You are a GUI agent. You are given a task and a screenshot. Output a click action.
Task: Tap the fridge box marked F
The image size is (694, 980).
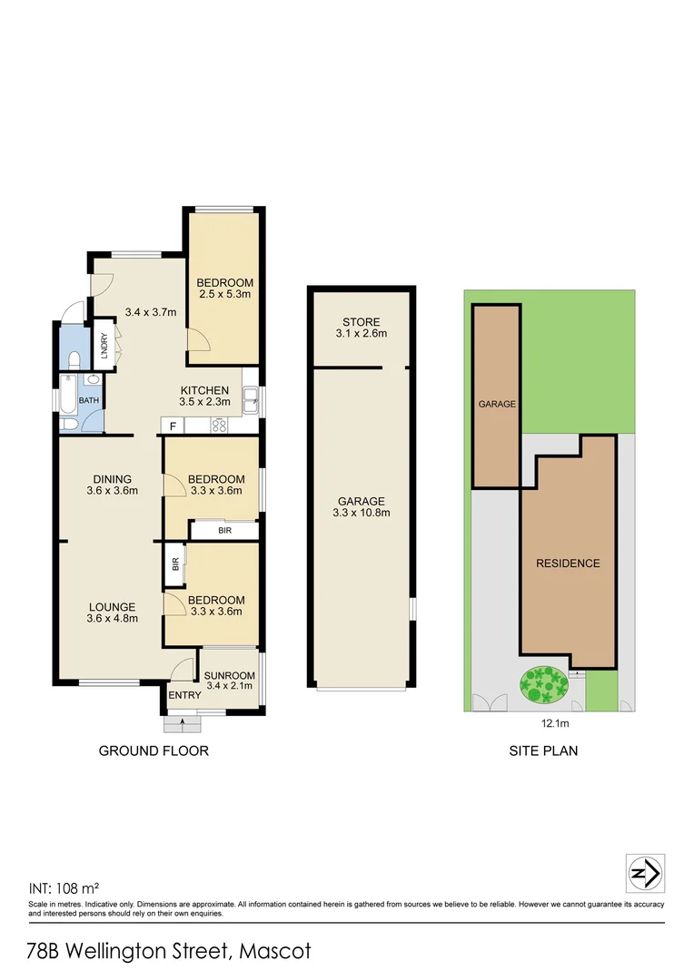coord(172,425)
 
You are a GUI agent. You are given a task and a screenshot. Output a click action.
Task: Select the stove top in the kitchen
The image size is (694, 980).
coord(219,425)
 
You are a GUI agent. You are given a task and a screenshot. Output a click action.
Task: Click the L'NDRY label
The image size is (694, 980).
coord(104,349)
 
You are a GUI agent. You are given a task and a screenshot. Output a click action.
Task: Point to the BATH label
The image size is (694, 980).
coord(88,399)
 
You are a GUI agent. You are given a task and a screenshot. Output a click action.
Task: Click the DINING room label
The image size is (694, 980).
coord(112,479)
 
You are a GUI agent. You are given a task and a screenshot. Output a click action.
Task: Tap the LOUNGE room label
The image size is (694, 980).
coord(112,607)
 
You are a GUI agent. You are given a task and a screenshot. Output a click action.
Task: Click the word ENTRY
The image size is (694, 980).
coord(184,695)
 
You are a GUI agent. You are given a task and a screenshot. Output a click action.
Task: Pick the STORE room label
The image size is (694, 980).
coord(361,322)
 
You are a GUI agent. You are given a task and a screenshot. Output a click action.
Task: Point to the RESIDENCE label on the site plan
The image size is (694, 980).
coord(568,563)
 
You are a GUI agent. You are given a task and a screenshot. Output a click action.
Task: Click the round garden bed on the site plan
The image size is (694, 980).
coord(542,684)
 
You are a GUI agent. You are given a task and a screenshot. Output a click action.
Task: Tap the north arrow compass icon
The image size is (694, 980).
coord(645,874)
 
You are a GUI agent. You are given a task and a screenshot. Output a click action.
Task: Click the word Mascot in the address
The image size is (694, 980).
coord(276,952)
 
